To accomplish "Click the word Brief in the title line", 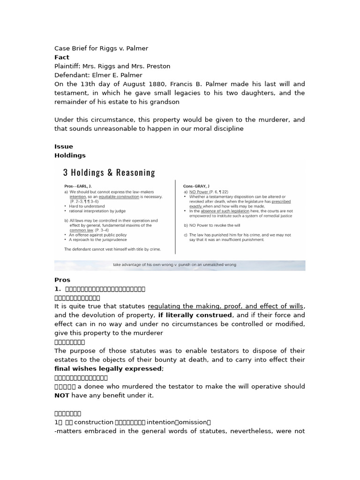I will pyautogui.click(x=80, y=48).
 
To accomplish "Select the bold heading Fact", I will pyautogui.click(x=62, y=57).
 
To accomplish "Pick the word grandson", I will pyautogui.click(x=163, y=102).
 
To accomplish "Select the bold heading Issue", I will pyautogui.click(x=64, y=146).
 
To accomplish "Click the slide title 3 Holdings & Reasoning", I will pyautogui.click(x=109, y=172).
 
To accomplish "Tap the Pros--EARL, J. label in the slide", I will pyautogui.click(x=78, y=186).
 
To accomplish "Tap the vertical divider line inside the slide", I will pyautogui.click(x=175, y=216).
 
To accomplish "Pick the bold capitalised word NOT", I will pyautogui.click(x=62, y=395).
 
